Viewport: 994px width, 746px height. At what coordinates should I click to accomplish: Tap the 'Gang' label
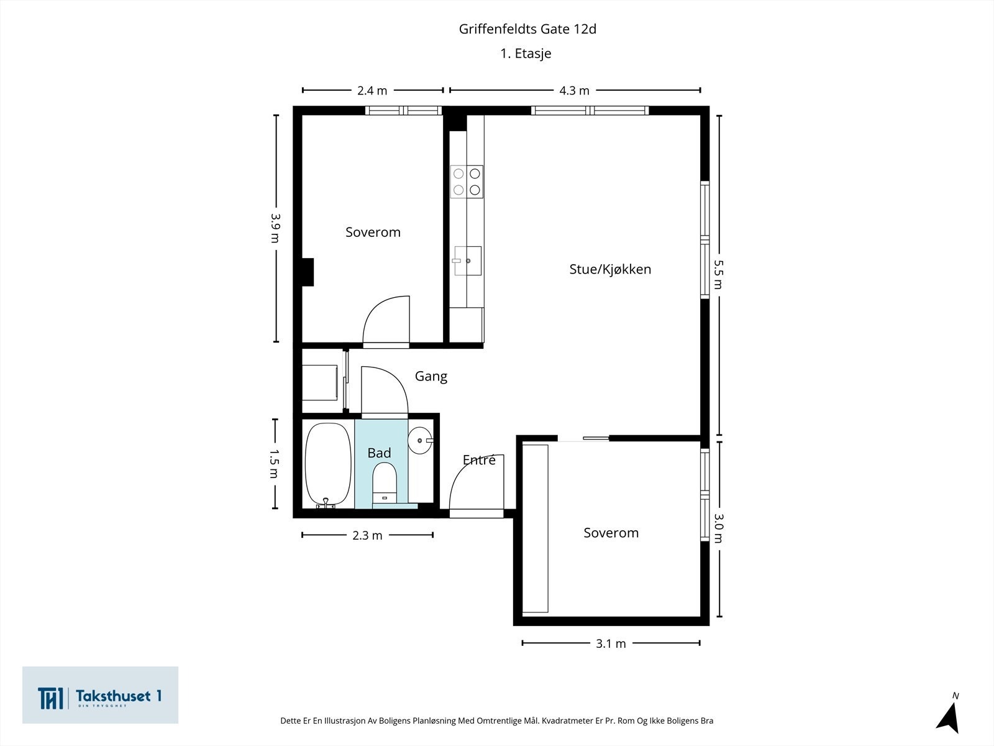point(431,376)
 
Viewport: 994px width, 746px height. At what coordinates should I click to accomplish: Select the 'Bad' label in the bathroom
point(379,453)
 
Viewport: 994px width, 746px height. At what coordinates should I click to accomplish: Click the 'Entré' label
point(479,460)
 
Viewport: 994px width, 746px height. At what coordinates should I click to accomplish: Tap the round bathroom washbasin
point(421,441)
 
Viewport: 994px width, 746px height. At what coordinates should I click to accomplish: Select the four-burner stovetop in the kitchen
point(467,182)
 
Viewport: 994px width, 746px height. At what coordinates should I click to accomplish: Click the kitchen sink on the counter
point(467,260)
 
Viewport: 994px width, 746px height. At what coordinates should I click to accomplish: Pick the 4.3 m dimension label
point(574,91)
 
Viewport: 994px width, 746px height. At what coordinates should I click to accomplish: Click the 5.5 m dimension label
point(718,275)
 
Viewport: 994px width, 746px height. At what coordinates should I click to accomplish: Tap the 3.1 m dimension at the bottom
point(611,643)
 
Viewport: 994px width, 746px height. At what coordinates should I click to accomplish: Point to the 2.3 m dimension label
point(367,535)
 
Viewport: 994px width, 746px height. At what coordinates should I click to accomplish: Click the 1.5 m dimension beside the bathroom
point(275,464)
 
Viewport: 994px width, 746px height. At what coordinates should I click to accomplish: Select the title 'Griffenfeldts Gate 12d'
point(527,29)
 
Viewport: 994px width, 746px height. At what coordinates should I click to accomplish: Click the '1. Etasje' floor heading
point(526,53)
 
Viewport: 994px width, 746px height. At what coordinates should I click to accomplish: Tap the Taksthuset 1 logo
point(100,695)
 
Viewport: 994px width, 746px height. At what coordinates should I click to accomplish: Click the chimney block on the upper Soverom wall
point(307,272)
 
